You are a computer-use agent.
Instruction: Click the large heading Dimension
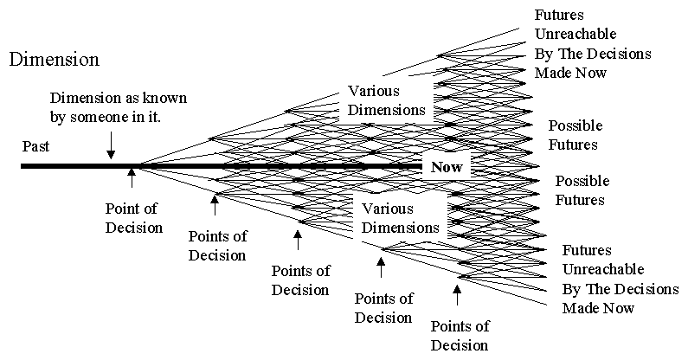[54, 60]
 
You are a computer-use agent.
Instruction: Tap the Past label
[36, 147]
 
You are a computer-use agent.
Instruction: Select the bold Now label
[447, 166]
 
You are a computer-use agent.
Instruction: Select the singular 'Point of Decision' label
[133, 218]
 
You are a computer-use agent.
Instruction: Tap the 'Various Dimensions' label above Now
[387, 100]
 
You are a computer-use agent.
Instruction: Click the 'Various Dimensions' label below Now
[400, 219]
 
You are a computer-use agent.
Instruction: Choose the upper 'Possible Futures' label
[574, 135]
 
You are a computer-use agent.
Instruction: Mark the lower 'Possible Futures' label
[582, 190]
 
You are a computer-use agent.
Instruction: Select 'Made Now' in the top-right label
[570, 73]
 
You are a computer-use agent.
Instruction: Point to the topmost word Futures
[559, 16]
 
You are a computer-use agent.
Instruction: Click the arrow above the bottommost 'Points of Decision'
[457, 297]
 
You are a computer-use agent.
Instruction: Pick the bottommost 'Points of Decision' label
[460, 336]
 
